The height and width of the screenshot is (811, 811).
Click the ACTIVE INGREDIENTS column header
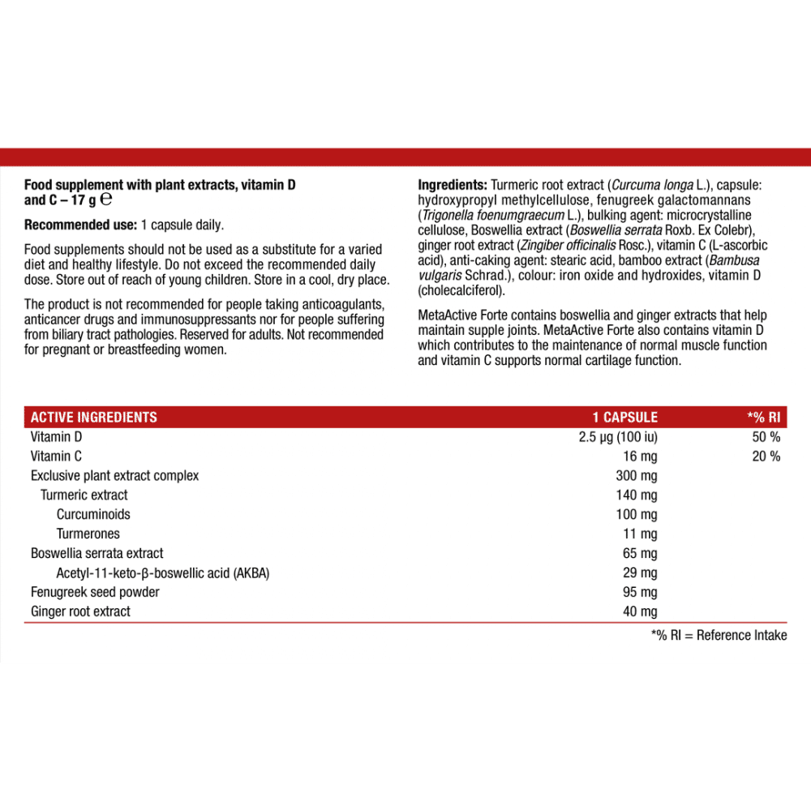click(94, 418)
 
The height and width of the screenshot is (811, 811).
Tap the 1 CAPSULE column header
click(624, 418)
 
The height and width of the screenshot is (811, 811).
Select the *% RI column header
click(763, 418)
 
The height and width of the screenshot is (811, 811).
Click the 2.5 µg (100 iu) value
click(613, 437)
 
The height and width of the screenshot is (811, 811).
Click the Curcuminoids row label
click(93, 514)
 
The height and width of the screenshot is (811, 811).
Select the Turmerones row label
click(88, 534)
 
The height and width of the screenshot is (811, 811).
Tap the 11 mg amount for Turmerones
click(641, 534)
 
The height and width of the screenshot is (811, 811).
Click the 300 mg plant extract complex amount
click(637, 475)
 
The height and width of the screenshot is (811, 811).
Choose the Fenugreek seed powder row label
click(95, 592)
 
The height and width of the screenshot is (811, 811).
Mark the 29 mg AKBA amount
click(641, 573)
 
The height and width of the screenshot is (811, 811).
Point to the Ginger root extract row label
click(80, 611)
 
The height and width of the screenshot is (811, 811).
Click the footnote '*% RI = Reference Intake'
click(719, 636)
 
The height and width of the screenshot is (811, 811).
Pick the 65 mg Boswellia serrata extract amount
click(641, 553)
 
